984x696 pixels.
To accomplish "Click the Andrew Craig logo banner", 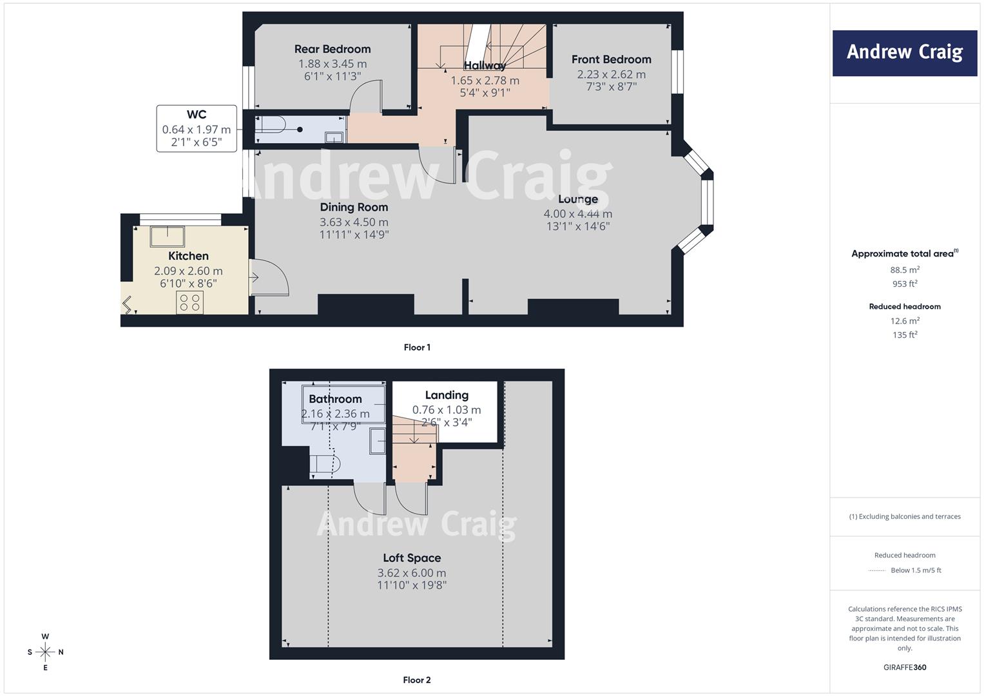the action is (905, 53).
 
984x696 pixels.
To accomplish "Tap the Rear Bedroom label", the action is (333, 49).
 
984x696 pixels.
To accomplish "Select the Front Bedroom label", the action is (611, 59).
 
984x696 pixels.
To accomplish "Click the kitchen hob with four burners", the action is (189, 302).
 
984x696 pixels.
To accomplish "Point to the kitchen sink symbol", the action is (168, 237).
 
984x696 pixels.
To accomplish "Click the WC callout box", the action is (197, 128).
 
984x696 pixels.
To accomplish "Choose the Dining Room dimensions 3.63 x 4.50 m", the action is (354, 222).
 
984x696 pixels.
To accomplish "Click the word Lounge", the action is (577, 199).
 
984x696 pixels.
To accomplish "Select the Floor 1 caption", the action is (417, 347).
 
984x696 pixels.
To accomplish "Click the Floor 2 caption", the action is (417, 680).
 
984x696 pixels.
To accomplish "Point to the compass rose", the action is (45, 652).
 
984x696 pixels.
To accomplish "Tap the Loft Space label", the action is (412, 557).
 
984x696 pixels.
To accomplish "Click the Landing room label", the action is (447, 395).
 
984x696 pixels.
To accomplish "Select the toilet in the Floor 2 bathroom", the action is (325, 464).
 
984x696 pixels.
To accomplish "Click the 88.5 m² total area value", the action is (905, 269).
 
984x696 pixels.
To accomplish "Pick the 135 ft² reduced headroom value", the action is (905, 334).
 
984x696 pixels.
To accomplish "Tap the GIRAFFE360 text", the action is (905, 667).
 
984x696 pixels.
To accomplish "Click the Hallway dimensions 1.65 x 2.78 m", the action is (485, 81).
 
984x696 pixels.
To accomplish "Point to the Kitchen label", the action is (188, 256).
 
